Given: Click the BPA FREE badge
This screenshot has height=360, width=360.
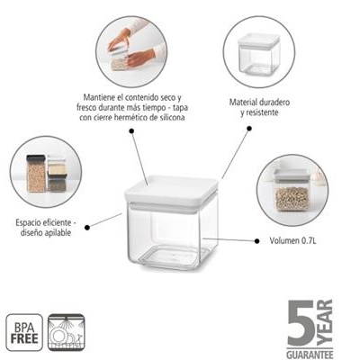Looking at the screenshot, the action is (24, 332).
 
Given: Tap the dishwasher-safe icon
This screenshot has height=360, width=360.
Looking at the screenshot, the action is (67, 332).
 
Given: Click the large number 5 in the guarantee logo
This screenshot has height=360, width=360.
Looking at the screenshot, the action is (301, 322).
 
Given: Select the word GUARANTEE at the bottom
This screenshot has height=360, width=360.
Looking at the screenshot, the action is (310, 354).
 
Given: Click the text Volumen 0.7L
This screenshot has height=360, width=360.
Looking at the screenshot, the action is (292, 240).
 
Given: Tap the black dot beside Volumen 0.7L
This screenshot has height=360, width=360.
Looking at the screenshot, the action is (256, 241).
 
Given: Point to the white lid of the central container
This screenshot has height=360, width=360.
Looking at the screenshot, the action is (171, 191).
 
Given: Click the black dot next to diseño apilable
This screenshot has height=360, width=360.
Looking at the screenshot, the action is (87, 228).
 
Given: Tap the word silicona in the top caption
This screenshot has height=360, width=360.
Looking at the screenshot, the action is (172, 117).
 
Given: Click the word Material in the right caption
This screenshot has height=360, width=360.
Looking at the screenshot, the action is (243, 102).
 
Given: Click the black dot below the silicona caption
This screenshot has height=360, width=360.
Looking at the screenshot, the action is (131, 130).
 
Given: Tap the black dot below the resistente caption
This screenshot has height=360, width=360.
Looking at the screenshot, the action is (249, 129).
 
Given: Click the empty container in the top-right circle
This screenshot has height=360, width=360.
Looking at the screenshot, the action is (258, 54).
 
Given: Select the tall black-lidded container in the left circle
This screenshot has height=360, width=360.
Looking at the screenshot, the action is (36, 174).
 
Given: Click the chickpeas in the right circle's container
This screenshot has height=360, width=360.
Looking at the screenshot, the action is (292, 199).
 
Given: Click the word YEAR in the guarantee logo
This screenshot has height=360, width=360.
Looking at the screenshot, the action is (325, 322).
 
